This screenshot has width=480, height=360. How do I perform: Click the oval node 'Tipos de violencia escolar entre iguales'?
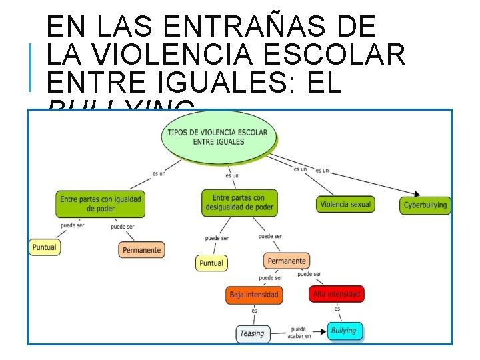pos(217,137)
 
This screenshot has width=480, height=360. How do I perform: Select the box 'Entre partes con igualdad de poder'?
pos(101,203)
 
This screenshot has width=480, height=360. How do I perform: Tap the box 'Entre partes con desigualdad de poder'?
pos(239,203)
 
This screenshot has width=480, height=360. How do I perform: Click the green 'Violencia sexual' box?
pos(345,205)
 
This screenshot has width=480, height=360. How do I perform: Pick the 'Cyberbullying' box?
pos(425,205)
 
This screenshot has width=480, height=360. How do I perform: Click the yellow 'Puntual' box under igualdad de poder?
pos(44,247)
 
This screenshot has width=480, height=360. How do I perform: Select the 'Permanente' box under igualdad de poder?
pos(141,250)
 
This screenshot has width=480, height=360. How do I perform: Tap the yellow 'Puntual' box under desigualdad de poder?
pos(211,263)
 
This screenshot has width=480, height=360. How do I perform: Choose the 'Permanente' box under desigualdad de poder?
pos(286,261)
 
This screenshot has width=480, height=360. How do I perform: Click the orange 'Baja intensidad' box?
pos(254,294)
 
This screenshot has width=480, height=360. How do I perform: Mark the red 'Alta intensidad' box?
pos(337,293)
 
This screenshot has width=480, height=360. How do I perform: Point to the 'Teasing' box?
pos(253,333)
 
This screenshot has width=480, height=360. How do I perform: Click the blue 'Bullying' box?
pos(345,331)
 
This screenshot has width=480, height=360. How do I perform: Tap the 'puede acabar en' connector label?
pos(299,333)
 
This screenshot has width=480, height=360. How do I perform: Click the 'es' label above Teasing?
pos(254,311)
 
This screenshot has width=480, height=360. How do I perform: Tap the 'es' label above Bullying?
pos(337,309)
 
